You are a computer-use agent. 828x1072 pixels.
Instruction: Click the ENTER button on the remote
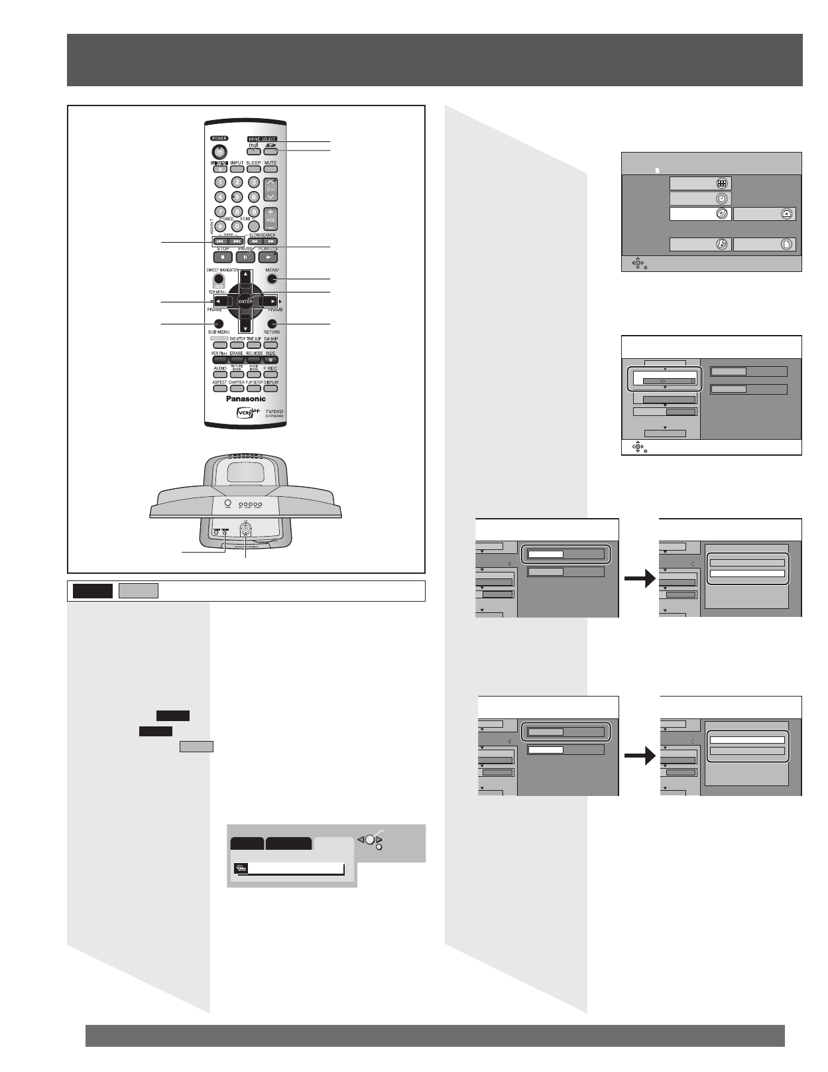pos(245,301)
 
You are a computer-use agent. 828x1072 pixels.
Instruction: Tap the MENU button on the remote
pos(272,279)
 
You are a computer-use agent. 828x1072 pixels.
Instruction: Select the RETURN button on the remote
pos(272,323)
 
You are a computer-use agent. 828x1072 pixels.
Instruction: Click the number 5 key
pos(237,196)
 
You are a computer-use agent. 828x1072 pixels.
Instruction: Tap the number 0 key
pos(237,226)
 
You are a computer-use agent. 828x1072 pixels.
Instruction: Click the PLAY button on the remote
pos(268,256)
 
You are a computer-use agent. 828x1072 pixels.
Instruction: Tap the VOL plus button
pos(270,212)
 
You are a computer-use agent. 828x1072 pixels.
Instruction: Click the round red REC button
pos(270,360)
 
